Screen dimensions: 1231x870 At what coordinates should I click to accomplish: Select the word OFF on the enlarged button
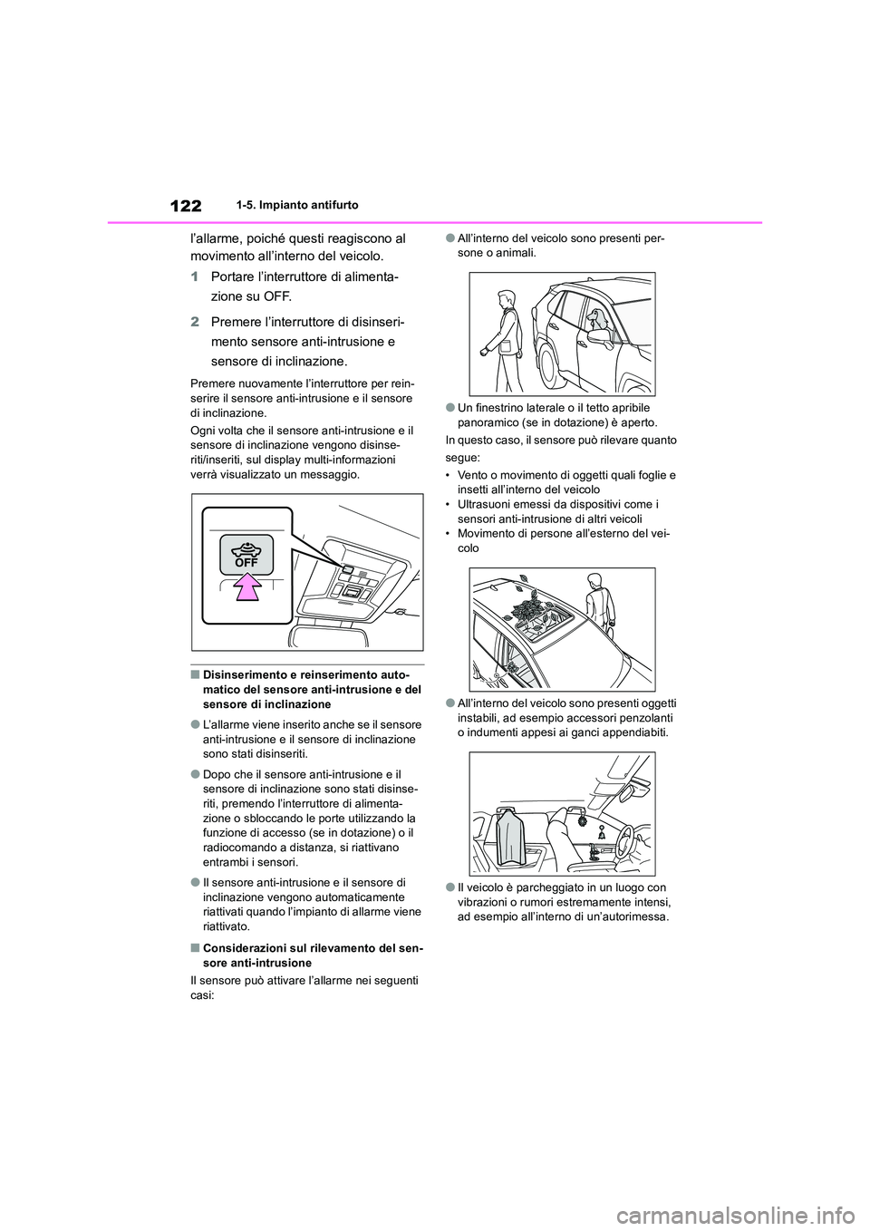(x=246, y=562)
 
